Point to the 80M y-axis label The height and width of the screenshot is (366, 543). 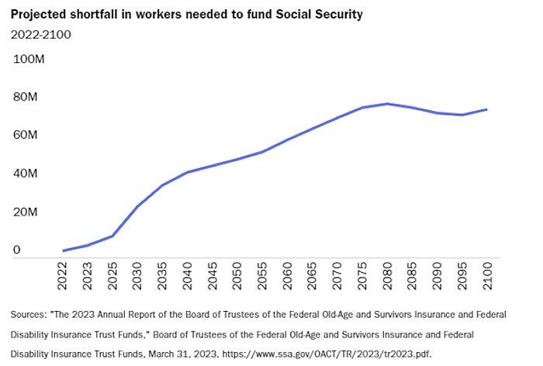pyautogui.click(x=26, y=97)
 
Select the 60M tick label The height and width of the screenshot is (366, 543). pyautogui.click(x=26, y=135)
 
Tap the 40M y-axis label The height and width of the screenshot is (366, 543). pyautogui.click(x=26, y=174)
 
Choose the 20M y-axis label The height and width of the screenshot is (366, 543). pyautogui.click(x=26, y=212)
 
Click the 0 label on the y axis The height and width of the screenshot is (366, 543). pyautogui.click(x=16, y=250)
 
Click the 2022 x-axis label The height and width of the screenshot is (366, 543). pyautogui.click(x=64, y=275)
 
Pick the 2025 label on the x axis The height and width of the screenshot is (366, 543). pyautogui.click(x=113, y=275)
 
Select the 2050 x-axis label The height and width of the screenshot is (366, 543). pyautogui.click(x=237, y=275)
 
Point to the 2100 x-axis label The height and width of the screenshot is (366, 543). pyautogui.click(x=486, y=275)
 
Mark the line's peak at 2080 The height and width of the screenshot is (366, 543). pyautogui.click(x=387, y=104)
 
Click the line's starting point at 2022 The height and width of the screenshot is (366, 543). pyautogui.click(x=64, y=250)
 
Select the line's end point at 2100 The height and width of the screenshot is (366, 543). pyautogui.click(x=486, y=109)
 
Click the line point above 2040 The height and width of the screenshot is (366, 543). pyautogui.click(x=187, y=172)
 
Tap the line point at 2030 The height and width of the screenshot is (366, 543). pyautogui.click(x=137, y=206)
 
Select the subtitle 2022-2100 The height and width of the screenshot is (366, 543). pyautogui.click(x=40, y=33)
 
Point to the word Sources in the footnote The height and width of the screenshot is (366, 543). pyautogui.click(x=28, y=315)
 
